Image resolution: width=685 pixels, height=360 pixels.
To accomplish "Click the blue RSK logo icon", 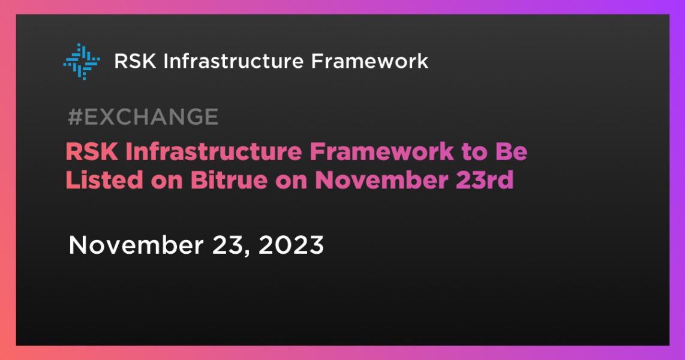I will point(81,61).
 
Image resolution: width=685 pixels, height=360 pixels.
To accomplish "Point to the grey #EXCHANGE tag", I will point(143,117).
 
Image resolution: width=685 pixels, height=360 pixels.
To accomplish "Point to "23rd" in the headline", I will point(489,179).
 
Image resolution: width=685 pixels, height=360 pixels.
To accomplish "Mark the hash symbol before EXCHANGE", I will point(74,117).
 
